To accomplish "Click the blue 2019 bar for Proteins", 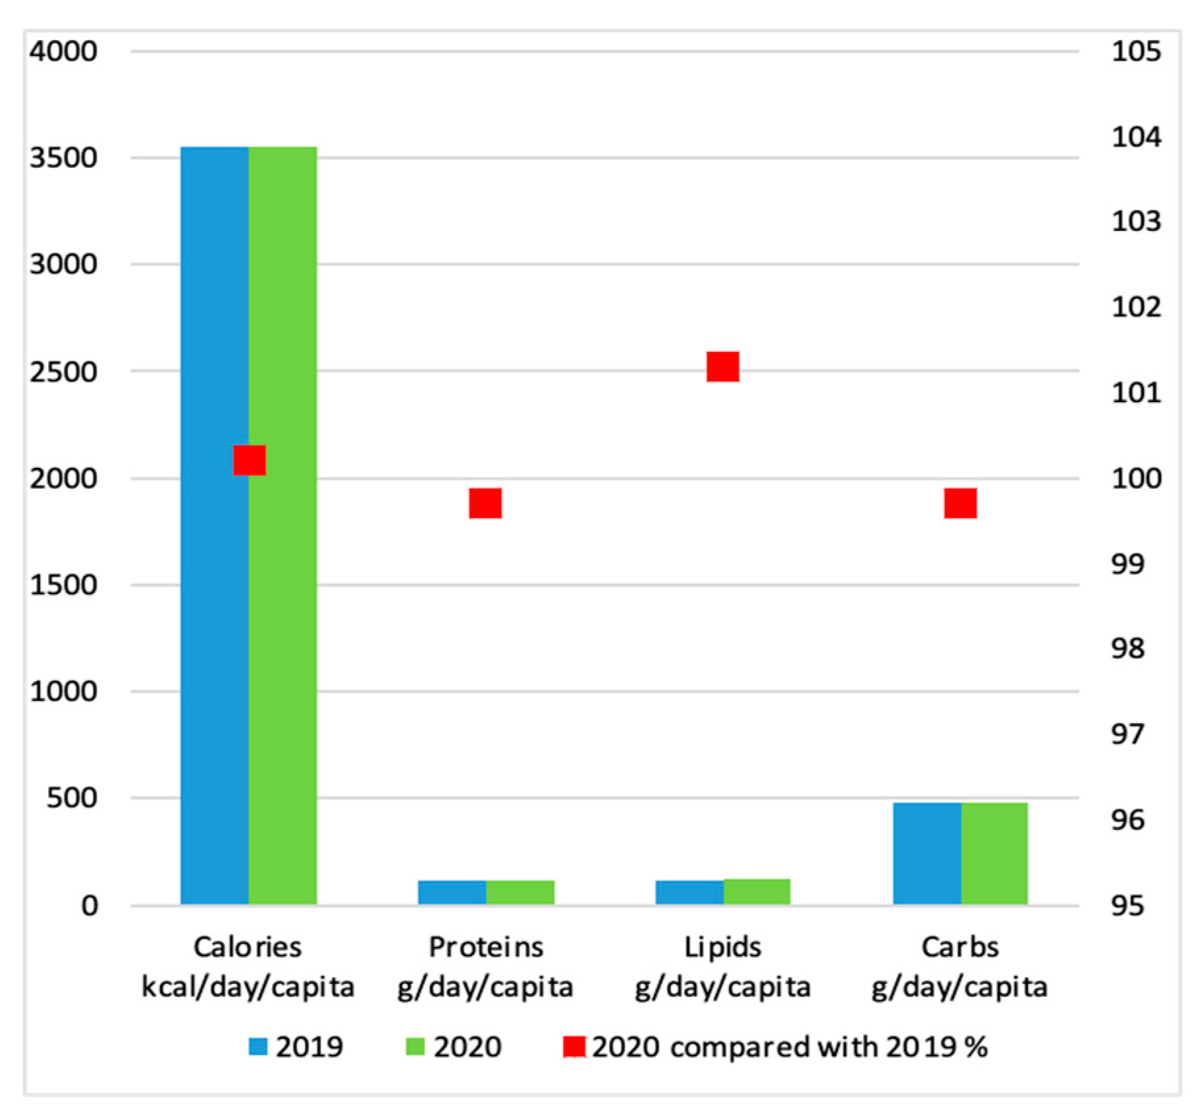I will [x=452, y=892].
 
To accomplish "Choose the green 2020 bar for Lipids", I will [x=757, y=892].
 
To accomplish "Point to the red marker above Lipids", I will [x=722, y=367].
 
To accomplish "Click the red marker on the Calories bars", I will [x=250, y=460].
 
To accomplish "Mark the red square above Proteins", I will [x=485, y=503].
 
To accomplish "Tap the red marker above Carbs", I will [x=960, y=503].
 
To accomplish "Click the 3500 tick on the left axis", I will [x=63, y=158].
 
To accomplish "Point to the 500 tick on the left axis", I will [x=72, y=798].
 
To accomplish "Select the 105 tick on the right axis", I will [x=1136, y=51].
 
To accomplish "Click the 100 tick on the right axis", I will [x=1136, y=478].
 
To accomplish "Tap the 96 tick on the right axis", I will [x=1127, y=820].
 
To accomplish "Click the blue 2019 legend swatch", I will [x=258, y=1046].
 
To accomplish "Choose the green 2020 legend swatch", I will [x=415, y=1046].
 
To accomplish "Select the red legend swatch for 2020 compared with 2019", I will [x=574, y=1046].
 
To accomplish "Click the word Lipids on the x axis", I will [x=722, y=948].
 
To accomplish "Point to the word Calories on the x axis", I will [x=248, y=948].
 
